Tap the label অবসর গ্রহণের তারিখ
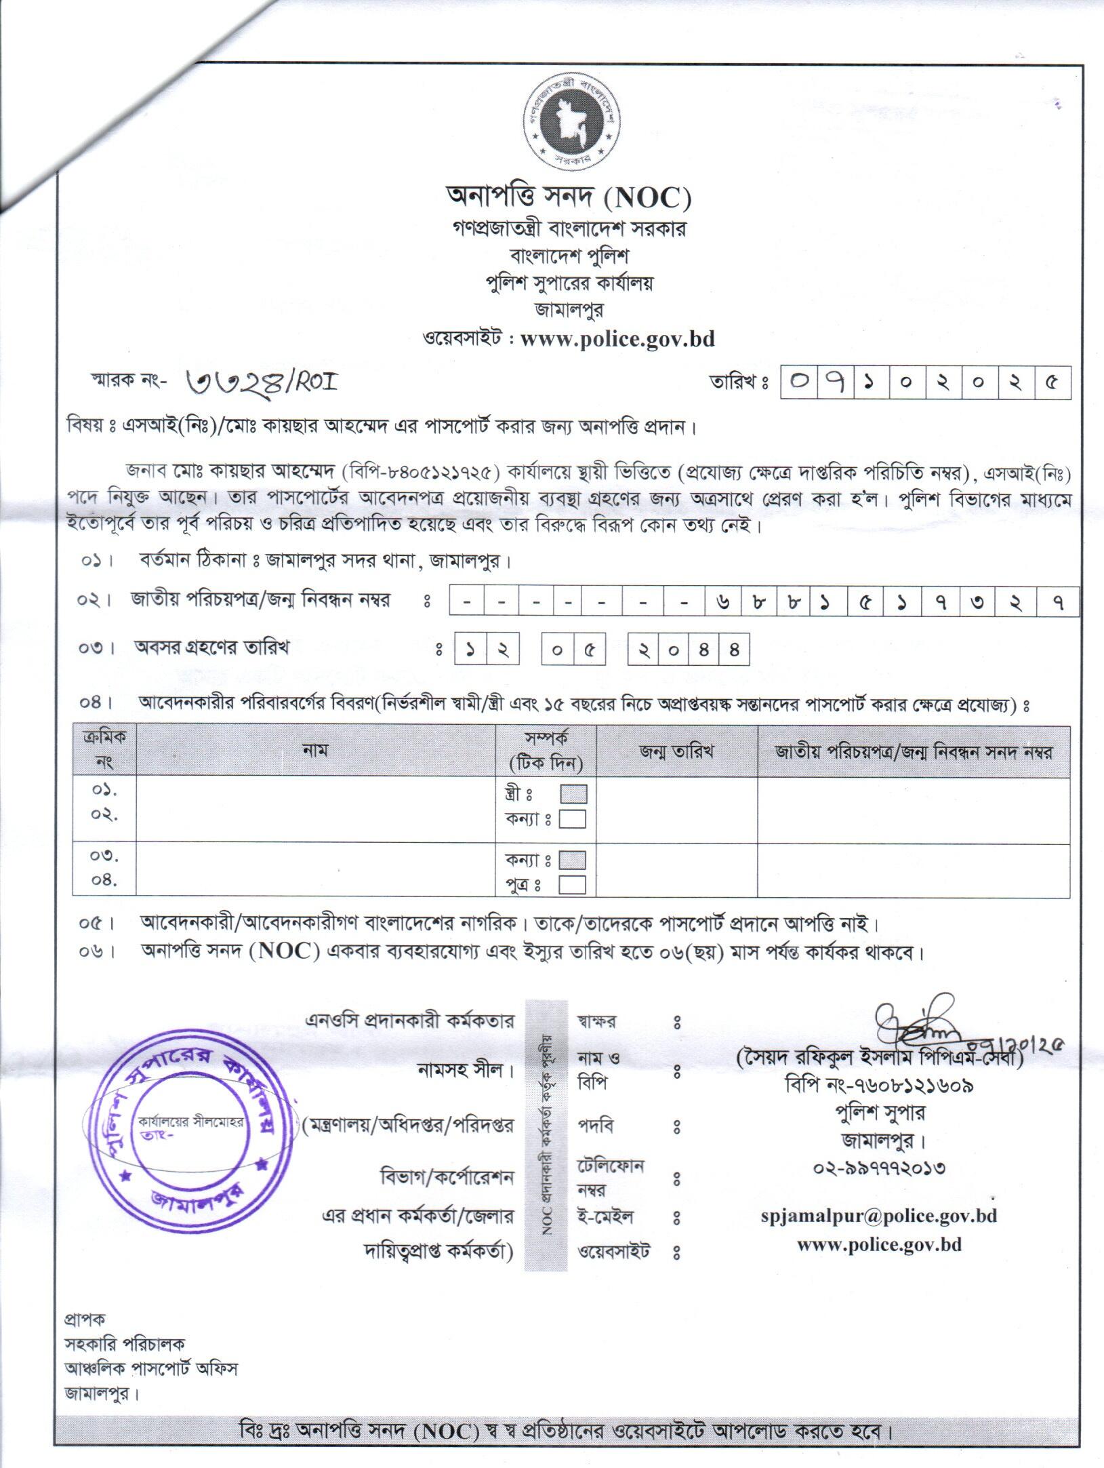point(211,648)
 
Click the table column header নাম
point(315,750)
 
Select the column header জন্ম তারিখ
point(676,751)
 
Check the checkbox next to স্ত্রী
point(573,793)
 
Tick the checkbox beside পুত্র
point(573,885)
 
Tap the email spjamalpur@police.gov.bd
point(878,1216)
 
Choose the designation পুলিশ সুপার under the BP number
point(880,1113)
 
